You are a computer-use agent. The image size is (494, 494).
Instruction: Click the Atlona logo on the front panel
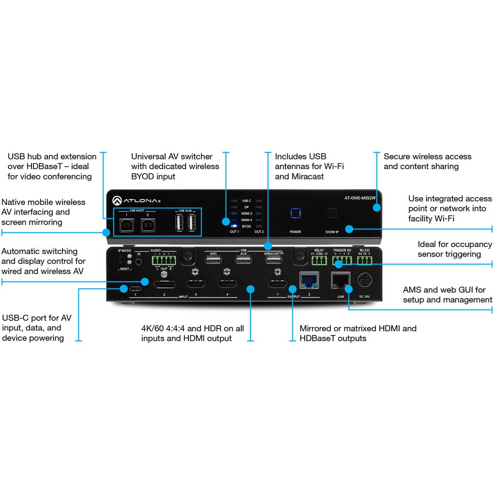tap(136, 200)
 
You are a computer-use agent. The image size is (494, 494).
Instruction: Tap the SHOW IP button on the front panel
tap(332, 213)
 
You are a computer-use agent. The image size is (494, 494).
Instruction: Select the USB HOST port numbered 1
tap(127, 225)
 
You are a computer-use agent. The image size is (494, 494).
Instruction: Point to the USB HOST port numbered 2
tap(148, 225)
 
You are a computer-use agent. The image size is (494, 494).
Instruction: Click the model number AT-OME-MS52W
tap(360, 198)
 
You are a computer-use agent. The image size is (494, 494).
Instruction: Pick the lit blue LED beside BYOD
tap(234, 226)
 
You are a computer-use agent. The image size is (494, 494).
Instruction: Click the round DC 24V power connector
tap(364, 280)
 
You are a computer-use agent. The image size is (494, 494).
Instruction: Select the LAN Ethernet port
tap(340, 281)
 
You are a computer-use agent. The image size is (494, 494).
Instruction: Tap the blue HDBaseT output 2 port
tap(309, 281)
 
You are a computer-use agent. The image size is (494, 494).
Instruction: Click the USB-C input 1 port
tap(135, 289)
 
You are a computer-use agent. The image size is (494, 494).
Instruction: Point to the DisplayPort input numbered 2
tap(164, 284)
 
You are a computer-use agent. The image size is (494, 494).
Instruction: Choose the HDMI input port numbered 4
tap(227, 284)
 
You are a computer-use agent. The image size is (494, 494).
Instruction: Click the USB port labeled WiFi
tap(213, 260)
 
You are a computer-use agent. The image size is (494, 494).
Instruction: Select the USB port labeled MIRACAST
tap(274, 260)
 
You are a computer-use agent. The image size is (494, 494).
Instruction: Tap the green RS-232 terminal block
tap(364, 261)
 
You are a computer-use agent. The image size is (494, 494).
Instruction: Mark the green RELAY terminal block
tap(319, 261)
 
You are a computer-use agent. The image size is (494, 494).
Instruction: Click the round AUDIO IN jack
tap(139, 262)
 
